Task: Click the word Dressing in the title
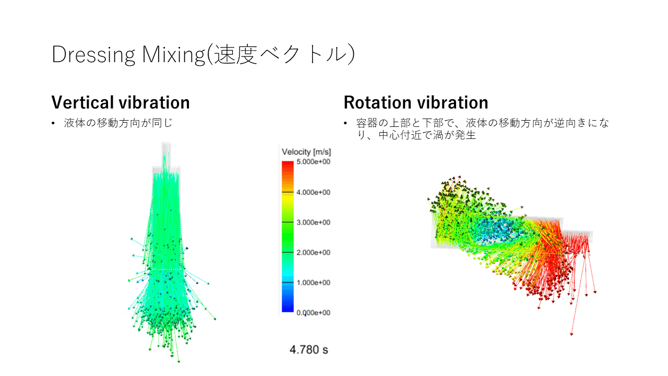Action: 93,55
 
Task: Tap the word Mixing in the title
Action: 174,55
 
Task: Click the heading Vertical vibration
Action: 121,102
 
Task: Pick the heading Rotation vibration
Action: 416,102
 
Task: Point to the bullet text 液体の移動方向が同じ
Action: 118,123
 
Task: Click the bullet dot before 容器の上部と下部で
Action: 345,123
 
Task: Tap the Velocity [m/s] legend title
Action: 306,152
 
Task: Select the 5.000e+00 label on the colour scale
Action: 314,162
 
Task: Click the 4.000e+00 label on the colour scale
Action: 314,192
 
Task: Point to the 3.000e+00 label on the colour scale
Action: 314,222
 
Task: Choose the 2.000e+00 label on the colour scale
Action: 314,252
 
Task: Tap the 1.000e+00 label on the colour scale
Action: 314,283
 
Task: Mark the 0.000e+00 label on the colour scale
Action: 314,313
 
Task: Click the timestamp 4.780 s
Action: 308,350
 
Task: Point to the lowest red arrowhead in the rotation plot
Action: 571,334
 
